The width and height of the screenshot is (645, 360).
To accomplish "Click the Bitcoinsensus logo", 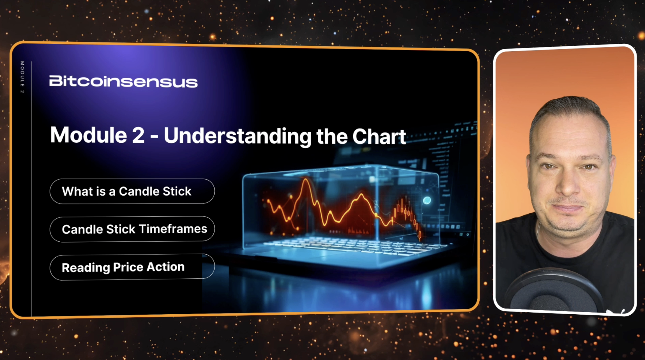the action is [x=123, y=81].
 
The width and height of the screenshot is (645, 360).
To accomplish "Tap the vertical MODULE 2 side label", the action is [x=22, y=77].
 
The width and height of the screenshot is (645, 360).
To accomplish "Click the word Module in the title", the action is [x=89, y=135].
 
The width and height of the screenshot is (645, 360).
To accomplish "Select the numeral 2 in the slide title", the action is [x=138, y=135].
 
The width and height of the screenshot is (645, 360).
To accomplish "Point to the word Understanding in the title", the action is [x=238, y=137].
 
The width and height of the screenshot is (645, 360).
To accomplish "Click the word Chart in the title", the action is [x=379, y=137].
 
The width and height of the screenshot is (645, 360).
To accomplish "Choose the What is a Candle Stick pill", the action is [x=132, y=191].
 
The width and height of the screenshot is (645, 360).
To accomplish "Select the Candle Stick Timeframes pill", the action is [x=132, y=229].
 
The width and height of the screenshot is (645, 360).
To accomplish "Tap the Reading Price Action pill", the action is [x=132, y=267].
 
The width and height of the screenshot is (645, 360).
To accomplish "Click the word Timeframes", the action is [x=173, y=229].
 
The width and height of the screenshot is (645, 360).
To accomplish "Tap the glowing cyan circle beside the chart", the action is [x=427, y=200].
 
